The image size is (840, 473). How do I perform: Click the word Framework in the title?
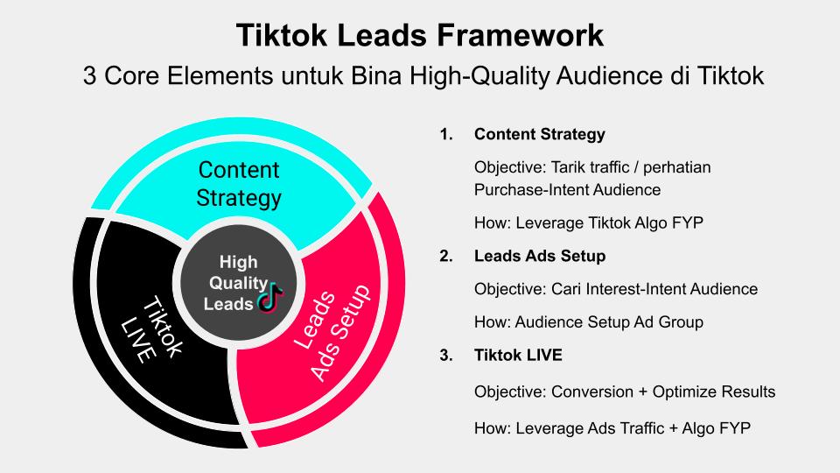click(x=520, y=35)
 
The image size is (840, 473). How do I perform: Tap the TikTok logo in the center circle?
click(x=271, y=297)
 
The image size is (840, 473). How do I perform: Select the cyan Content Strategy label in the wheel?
click(x=239, y=184)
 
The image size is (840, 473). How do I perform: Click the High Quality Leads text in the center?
click(x=235, y=283)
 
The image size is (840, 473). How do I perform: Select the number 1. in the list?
click(x=446, y=134)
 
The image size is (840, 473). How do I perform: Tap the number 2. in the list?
click(x=446, y=256)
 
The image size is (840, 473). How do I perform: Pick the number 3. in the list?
click(x=446, y=355)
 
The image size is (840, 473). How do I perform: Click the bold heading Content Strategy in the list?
click(x=540, y=134)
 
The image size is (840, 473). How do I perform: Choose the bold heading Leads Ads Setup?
click(x=540, y=256)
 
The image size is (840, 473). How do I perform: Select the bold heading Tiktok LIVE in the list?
click(x=518, y=355)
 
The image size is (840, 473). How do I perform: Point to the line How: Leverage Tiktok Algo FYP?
click(x=589, y=222)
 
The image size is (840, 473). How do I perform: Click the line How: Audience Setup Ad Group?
click(x=589, y=322)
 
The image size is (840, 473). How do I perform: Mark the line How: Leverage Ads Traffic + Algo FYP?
click(x=612, y=428)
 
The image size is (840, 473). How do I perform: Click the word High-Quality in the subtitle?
click(x=480, y=75)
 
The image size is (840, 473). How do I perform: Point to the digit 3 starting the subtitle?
click(x=90, y=75)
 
